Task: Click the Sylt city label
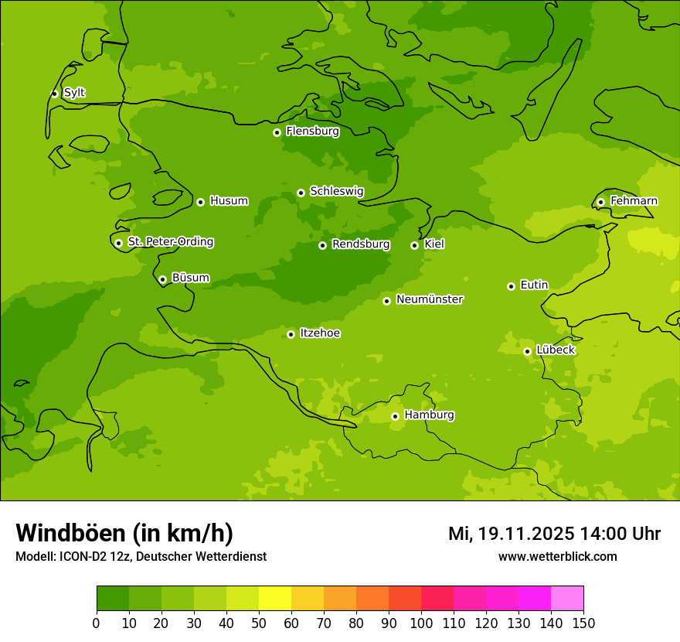tap(74, 93)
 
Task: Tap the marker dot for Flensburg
tap(277, 132)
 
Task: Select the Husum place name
tap(229, 201)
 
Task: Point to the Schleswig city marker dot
tap(301, 193)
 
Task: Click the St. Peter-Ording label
tap(171, 242)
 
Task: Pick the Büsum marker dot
tap(162, 279)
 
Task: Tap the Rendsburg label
tap(361, 244)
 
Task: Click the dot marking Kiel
tap(414, 245)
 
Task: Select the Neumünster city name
tap(430, 299)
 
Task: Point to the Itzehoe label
tap(320, 333)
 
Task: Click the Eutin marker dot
tap(511, 286)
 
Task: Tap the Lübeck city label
tap(556, 350)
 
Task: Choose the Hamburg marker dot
tap(395, 416)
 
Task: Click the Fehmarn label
tap(634, 201)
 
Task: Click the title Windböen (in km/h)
tap(124, 533)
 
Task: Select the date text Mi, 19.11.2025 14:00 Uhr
tap(554, 534)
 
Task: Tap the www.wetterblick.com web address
tap(557, 556)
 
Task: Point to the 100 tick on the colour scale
tap(421, 623)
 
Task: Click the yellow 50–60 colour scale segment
tap(275, 599)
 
